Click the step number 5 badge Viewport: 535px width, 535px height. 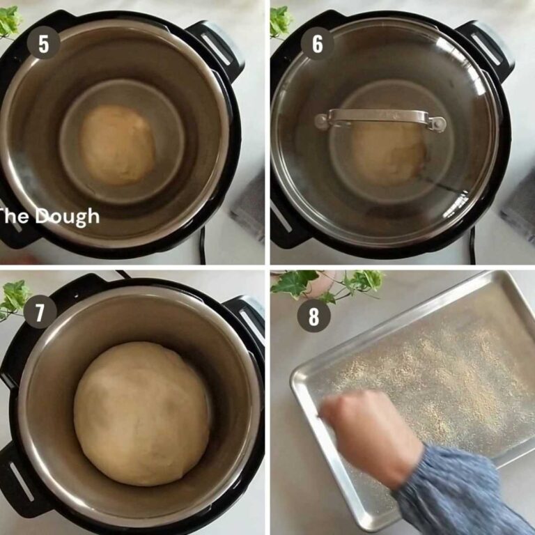pyautogui.click(x=44, y=44)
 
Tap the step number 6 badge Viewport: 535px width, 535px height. pyautogui.click(x=318, y=44)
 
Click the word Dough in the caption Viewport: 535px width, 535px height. pyautogui.click(x=68, y=216)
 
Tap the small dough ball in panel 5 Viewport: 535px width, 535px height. pyautogui.click(x=117, y=145)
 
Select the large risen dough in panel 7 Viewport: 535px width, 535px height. pyautogui.click(x=142, y=413)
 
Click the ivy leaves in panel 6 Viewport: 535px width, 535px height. pyautogui.click(x=280, y=21)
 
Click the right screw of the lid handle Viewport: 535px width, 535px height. pyautogui.click(x=437, y=124)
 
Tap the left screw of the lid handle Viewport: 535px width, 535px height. pyautogui.click(x=321, y=121)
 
